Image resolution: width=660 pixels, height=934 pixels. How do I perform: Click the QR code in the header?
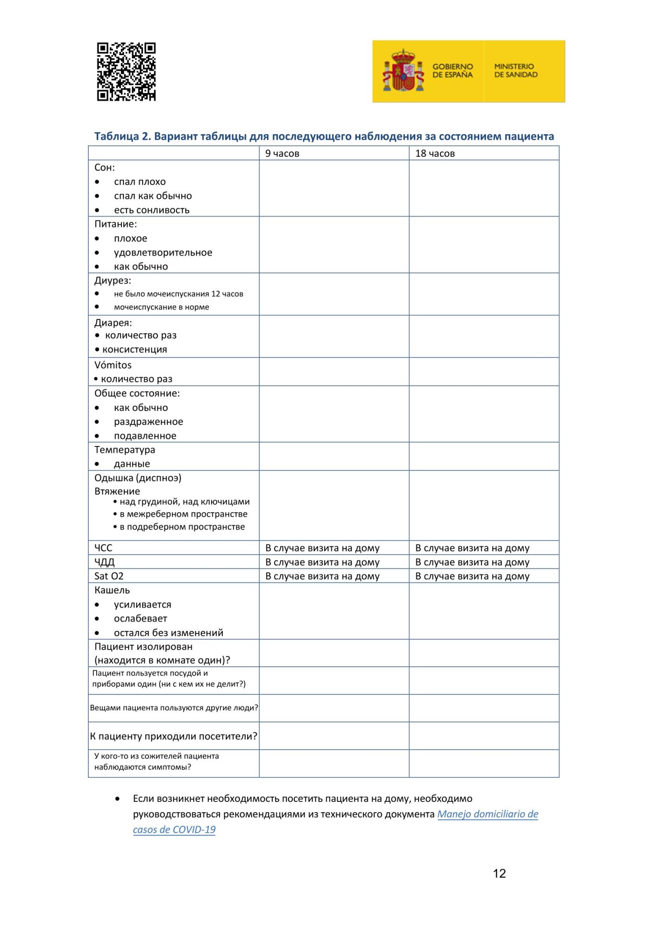coord(126,71)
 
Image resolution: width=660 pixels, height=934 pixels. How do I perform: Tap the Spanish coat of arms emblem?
coord(403,71)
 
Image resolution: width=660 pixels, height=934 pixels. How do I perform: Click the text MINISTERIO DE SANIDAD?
coord(516,71)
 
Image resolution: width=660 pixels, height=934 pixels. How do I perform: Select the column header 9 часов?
coord(282,153)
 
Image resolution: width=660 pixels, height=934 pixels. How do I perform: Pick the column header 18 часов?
coord(435,153)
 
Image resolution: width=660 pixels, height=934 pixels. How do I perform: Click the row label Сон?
coord(105,167)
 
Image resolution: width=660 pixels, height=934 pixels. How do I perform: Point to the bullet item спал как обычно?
coord(153,196)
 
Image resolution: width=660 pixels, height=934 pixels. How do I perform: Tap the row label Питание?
coord(115,224)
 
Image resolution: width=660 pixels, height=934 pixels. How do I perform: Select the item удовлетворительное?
coord(163,252)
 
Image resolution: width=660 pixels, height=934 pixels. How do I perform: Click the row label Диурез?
coord(113,280)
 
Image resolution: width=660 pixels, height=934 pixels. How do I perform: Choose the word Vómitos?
coord(113,365)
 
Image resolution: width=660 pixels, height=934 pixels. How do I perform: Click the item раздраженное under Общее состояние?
coord(149,421)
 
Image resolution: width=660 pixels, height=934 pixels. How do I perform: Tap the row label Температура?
coord(125,450)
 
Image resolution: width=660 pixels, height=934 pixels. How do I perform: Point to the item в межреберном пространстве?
coord(184,514)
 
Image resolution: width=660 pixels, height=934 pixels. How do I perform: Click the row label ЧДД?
coord(105,562)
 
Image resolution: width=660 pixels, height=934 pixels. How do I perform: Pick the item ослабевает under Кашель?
coord(141,618)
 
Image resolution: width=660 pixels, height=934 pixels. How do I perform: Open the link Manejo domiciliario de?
coord(488,814)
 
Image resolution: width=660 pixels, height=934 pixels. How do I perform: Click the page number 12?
coord(499,873)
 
